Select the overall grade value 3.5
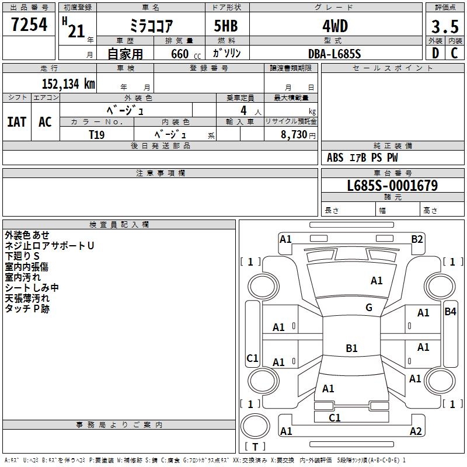click(444, 27)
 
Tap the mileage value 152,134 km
click(68, 84)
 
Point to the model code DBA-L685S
click(334, 54)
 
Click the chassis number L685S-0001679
click(392, 186)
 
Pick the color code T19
click(97, 134)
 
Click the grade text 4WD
click(334, 26)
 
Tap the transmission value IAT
click(17, 122)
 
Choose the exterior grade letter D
click(435, 53)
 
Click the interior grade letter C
click(455, 53)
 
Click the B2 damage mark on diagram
click(417, 239)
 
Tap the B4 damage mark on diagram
click(450, 312)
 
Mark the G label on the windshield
click(369, 308)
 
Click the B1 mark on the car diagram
click(351, 348)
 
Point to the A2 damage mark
click(416, 431)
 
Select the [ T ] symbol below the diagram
click(255, 447)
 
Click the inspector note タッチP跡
click(27, 309)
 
